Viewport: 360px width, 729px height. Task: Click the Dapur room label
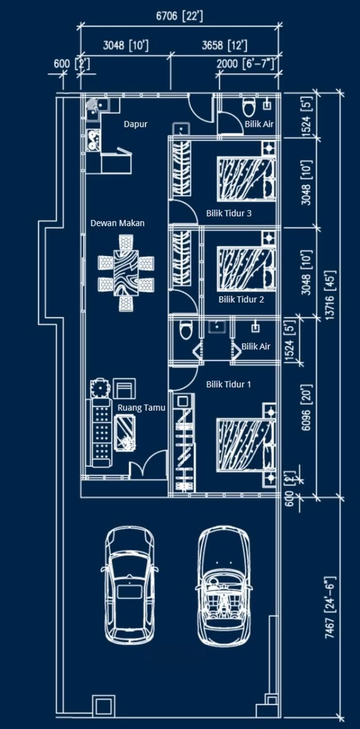pyautogui.click(x=136, y=124)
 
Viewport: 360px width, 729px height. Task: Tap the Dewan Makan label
pyautogui.click(x=118, y=223)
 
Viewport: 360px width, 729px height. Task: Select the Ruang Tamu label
pyautogui.click(x=141, y=408)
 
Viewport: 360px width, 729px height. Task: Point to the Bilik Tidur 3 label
pyautogui.click(x=229, y=213)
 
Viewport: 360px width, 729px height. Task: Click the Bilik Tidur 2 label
pyautogui.click(x=241, y=299)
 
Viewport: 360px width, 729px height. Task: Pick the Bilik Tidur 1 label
pyautogui.click(x=229, y=384)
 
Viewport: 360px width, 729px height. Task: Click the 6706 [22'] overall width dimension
pyautogui.click(x=179, y=16)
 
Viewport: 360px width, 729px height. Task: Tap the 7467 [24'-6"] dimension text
pyautogui.click(x=330, y=607)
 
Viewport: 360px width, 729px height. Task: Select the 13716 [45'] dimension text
pyautogui.click(x=330, y=295)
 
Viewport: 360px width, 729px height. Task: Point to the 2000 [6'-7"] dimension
pyautogui.click(x=245, y=64)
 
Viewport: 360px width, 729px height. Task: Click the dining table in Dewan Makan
pyautogui.click(x=126, y=273)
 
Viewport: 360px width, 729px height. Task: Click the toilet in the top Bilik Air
pyautogui.click(x=249, y=107)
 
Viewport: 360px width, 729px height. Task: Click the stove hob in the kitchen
pyautogui.click(x=94, y=140)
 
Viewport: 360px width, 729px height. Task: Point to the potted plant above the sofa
pyautogui.click(x=99, y=388)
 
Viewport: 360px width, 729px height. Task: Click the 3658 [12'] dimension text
pyautogui.click(x=224, y=45)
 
